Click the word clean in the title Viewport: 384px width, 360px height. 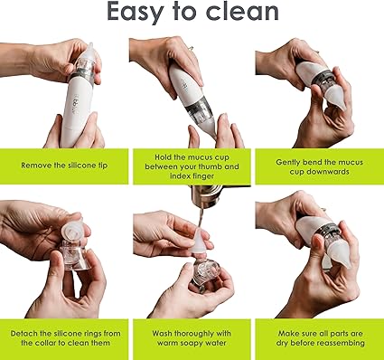[242, 11]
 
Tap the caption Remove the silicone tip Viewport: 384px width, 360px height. [64, 166]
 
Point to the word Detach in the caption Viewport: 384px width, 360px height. [24, 334]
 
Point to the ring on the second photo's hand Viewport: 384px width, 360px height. [191, 48]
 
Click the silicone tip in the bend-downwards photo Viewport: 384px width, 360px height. [335, 95]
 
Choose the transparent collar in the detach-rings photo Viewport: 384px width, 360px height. [75, 257]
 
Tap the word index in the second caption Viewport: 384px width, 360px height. [181, 175]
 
